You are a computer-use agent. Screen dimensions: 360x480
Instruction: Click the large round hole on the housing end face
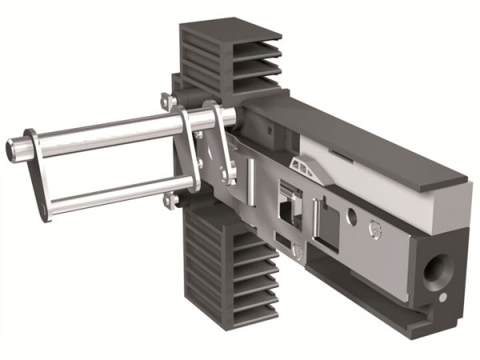coord(438,273)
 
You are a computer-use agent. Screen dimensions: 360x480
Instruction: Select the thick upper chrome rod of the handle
coord(104,130)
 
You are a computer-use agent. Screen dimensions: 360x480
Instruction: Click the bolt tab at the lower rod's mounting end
coord(169,201)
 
